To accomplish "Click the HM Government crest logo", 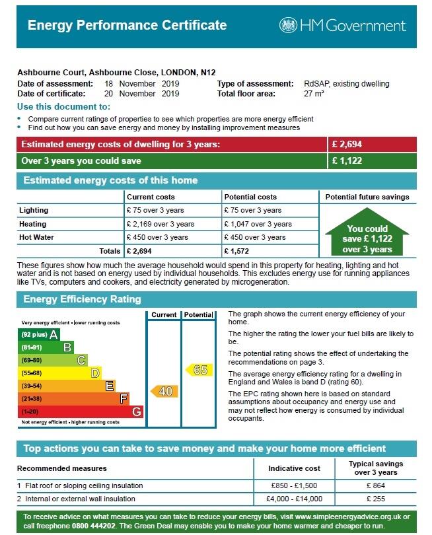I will tap(289, 25).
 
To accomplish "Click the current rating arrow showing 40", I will tap(164, 392).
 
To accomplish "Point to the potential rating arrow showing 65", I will tap(199, 370).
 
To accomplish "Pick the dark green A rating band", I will tap(40, 334).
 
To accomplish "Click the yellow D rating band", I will tap(60, 373).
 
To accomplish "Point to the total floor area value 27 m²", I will tap(314, 94).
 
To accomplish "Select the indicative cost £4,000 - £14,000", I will tap(294, 499).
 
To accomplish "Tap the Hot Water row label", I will tap(37, 237).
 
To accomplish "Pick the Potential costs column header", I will tap(250, 197).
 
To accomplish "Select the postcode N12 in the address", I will tap(208, 72).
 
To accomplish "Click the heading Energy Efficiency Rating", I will tap(82, 299).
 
